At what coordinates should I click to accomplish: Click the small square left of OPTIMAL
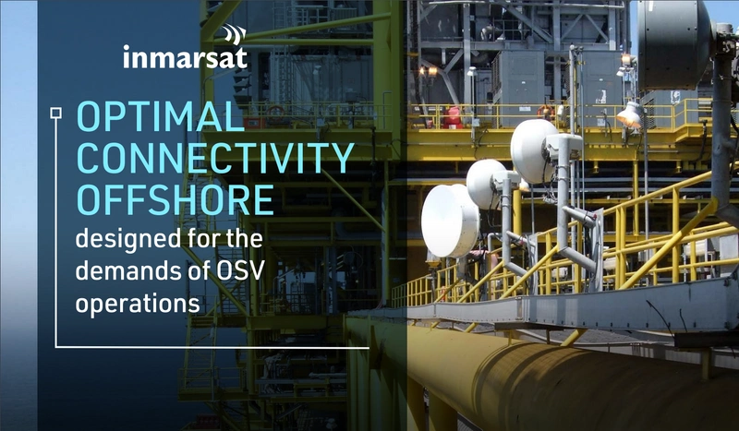click(x=55, y=114)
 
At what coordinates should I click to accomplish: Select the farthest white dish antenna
click(x=535, y=150)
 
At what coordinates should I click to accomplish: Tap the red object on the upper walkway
click(x=452, y=117)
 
